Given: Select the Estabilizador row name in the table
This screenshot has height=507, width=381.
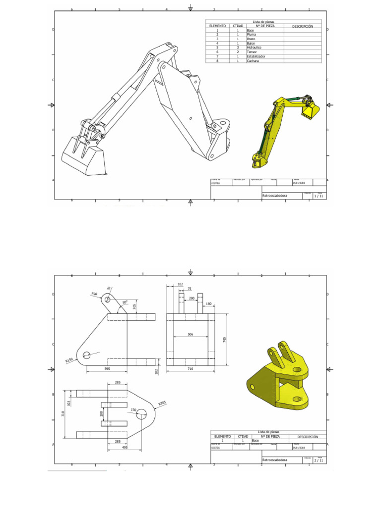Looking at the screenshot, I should tap(255, 56).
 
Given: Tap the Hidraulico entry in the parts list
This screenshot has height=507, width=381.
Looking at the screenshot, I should tap(254, 48).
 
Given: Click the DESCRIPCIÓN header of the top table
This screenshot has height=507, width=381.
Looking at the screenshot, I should tap(303, 26).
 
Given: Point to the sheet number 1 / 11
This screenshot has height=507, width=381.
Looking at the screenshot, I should tap(318, 196).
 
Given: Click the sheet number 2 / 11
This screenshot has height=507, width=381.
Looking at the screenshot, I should tap(318, 460).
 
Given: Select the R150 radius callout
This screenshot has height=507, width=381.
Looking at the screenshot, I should tap(69, 360).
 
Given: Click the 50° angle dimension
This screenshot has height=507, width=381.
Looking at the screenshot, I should tap(125, 302).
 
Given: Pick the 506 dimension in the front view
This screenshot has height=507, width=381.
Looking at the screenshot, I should tap(190, 335).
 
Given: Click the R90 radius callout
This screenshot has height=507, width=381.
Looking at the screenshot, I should tap(94, 294).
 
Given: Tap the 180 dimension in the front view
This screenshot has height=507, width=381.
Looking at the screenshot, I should tap(208, 304).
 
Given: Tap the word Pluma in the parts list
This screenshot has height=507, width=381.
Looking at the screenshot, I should tap(252, 34).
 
